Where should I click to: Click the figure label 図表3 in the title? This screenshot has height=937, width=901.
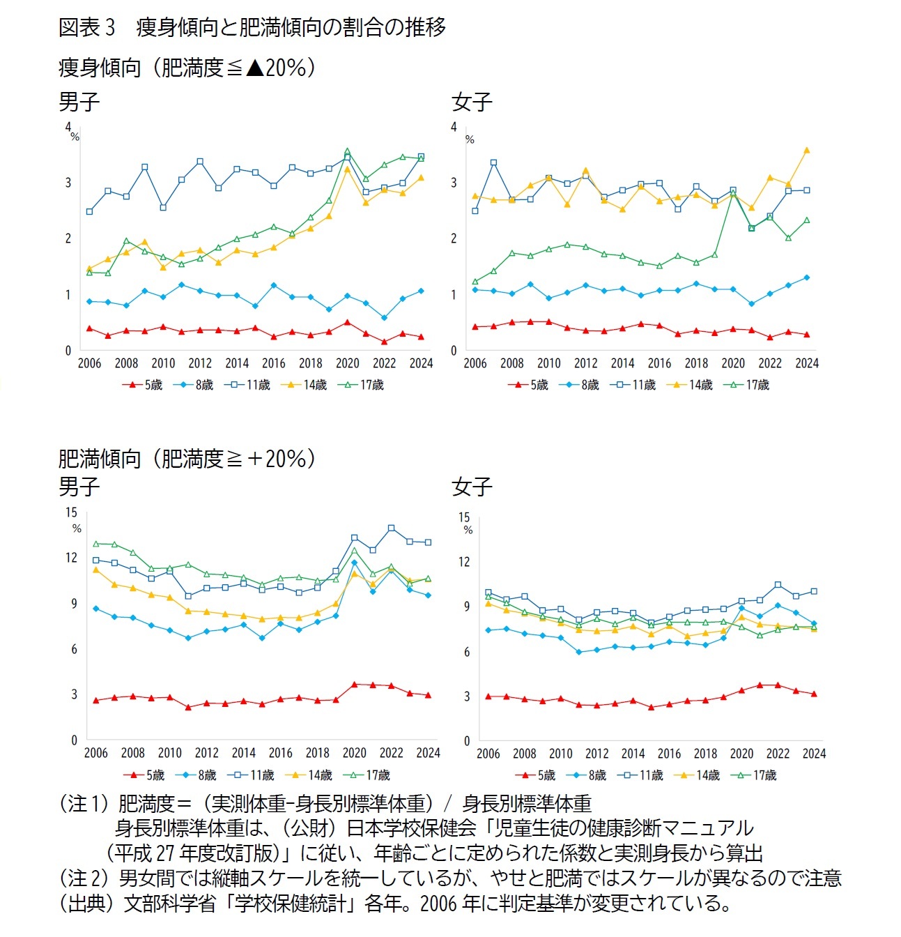(x=86, y=27)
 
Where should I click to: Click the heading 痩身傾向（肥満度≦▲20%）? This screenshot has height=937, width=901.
(x=187, y=68)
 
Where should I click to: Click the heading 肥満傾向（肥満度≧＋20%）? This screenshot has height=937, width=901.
(x=187, y=459)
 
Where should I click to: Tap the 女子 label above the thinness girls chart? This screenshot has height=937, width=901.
(x=472, y=102)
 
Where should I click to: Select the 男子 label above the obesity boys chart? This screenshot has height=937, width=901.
(x=79, y=486)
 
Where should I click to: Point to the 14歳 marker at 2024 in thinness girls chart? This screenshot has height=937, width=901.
(x=806, y=150)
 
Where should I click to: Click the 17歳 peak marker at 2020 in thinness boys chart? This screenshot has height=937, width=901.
(x=347, y=151)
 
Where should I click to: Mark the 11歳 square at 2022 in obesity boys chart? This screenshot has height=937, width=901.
(x=391, y=528)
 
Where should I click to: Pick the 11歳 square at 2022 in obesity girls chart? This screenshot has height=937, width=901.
(x=778, y=585)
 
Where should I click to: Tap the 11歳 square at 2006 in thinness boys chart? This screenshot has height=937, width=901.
(x=89, y=211)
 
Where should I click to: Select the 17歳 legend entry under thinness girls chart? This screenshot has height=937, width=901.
(x=749, y=385)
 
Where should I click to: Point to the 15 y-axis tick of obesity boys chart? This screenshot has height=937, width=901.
(x=72, y=512)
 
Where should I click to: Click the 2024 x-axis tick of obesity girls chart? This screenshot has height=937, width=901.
(x=813, y=754)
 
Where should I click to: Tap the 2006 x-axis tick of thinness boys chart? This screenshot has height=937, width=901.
(x=89, y=363)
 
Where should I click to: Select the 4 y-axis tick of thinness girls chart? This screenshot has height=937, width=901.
(x=454, y=127)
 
